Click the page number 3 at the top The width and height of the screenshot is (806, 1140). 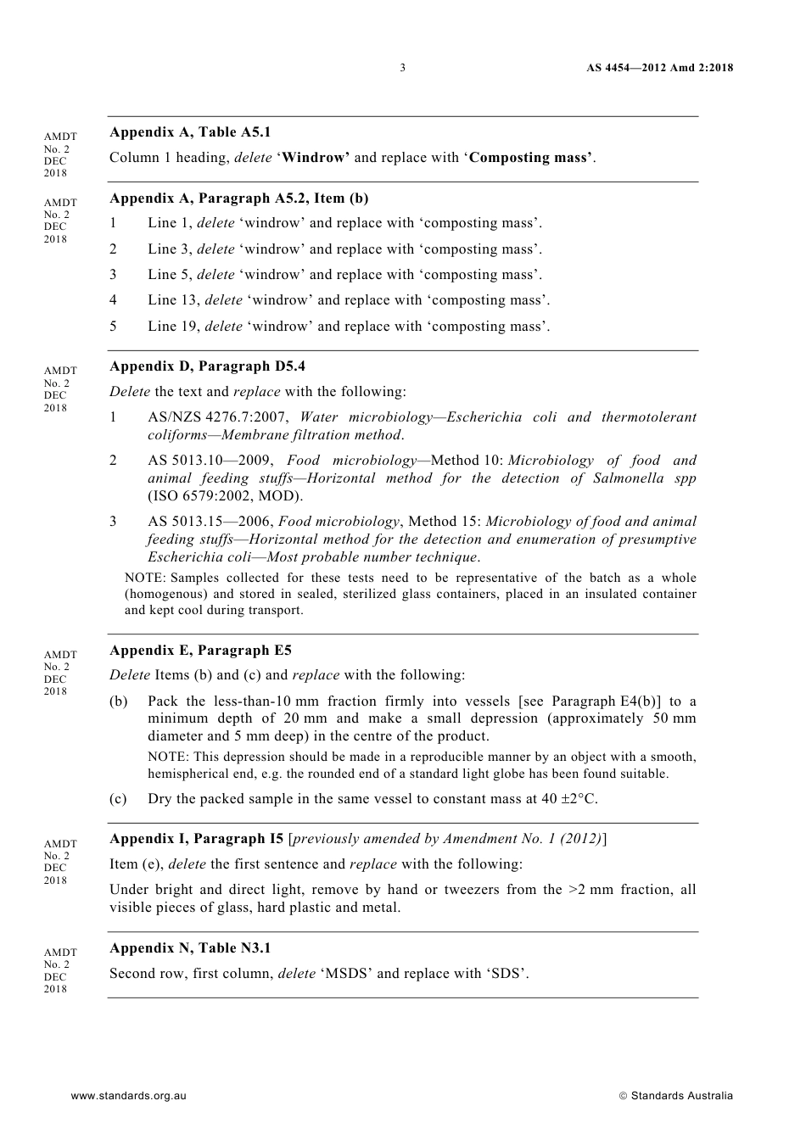(402, 68)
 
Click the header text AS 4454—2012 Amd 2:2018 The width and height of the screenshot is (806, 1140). (659, 68)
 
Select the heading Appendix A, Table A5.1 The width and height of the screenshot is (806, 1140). (190, 132)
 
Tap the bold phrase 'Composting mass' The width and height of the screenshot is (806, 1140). (529, 158)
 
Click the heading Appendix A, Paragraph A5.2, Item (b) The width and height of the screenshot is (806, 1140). (238, 198)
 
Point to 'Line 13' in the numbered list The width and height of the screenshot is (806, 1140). (173, 300)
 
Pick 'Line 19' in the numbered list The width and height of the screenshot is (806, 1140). (173, 327)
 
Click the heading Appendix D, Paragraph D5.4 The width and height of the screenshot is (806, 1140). (207, 366)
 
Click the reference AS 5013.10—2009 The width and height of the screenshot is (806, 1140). (210, 461)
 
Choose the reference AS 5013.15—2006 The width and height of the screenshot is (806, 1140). (210, 522)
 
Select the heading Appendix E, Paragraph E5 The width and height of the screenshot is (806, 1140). (200, 651)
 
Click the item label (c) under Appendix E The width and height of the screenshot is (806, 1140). (119, 799)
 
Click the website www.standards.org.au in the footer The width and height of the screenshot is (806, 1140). (128, 1096)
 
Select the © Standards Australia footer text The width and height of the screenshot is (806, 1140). (676, 1096)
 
